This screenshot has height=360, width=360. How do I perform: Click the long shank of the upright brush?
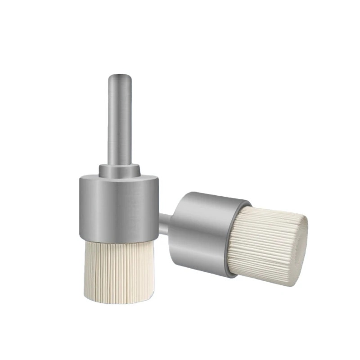tap(119, 121)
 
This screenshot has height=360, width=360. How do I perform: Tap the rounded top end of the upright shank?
tap(119, 76)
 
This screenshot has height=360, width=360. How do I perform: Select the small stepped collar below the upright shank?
tap(119, 171)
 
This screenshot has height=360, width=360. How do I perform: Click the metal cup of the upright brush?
tap(119, 207)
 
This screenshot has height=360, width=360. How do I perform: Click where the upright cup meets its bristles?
tap(119, 239)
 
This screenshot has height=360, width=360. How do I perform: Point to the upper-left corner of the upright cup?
tap(81, 179)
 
